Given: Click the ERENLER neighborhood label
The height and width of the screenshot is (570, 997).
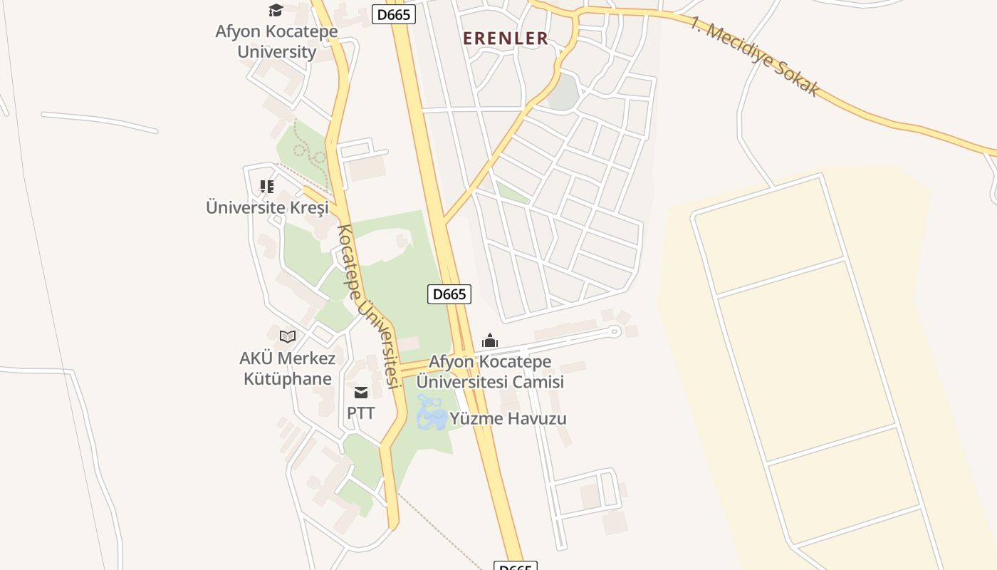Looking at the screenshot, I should point(506,38).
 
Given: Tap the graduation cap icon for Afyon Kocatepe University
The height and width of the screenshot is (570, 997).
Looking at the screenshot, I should point(276,10).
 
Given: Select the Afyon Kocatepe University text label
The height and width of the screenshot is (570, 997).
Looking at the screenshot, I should point(277,41).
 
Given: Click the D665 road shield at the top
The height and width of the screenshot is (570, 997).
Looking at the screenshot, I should point(394,14).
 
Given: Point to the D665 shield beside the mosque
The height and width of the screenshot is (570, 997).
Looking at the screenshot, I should point(449,294).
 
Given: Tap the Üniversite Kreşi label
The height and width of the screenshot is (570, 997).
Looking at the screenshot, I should point(267,207).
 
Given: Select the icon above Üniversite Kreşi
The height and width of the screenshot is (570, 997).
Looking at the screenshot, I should point(267,187).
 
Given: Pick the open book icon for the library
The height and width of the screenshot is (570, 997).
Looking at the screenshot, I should point(288,336).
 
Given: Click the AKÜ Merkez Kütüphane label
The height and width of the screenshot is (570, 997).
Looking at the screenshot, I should point(288,368).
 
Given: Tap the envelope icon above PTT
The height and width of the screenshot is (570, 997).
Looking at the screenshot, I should point(361,392).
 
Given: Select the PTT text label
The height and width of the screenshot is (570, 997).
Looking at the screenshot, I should point(361,413).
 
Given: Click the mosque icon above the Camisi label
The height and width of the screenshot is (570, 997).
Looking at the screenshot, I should point(490,341).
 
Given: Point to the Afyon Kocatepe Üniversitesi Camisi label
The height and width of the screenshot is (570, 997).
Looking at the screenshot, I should point(490,371).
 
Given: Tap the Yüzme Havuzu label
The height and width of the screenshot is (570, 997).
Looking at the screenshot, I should point(508,418).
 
